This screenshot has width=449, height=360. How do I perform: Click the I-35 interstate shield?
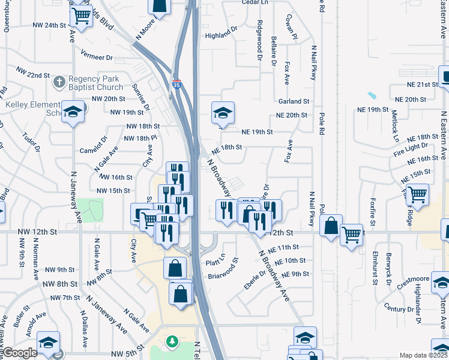point(176,85)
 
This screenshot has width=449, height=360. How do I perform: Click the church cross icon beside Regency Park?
point(59,81)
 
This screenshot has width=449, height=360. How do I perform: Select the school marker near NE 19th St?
point(223,113)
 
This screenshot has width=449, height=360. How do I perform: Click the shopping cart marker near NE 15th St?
point(417,194)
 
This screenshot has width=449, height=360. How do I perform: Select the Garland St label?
point(293,102)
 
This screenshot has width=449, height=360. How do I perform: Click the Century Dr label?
point(399,308)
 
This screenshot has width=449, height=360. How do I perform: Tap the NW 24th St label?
point(49,25)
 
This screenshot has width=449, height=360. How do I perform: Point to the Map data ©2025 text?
point(423,355)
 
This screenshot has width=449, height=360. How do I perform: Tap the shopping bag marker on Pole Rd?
point(331,226)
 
